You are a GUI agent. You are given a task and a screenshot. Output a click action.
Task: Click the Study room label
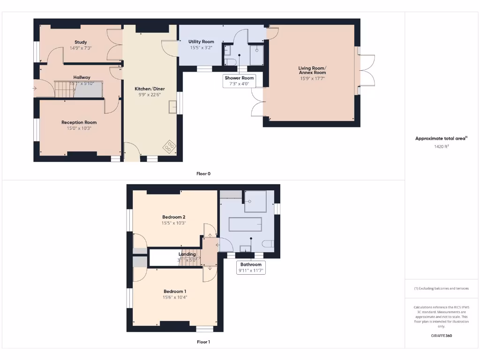coord(81,42)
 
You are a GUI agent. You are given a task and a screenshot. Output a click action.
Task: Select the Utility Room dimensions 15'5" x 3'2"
coord(201,48)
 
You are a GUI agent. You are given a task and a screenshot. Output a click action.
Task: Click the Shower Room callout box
coord(239,81)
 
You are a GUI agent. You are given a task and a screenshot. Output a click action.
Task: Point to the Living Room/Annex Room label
coord(312,70)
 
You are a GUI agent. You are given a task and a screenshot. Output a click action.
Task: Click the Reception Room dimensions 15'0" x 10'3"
coord(79,128)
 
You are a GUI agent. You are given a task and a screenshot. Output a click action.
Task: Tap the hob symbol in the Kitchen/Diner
coord(170,147)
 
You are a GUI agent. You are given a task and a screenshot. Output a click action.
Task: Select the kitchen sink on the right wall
coord(174,107)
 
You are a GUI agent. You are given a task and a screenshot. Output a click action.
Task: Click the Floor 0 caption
coord(203,173)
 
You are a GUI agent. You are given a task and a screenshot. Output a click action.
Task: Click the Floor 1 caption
coord(203,342)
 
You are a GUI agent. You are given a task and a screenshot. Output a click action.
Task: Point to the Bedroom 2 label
coord(174,217)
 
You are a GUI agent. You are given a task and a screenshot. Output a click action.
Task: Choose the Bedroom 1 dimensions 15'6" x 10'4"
coord(175,297)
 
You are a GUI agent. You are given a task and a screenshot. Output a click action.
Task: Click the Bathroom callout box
coord(251,267)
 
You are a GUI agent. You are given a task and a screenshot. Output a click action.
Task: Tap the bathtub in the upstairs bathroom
coord(245,225)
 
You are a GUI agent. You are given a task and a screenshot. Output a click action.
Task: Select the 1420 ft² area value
coord(442,147)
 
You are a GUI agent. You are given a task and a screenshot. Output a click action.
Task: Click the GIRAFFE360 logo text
coord(442,336)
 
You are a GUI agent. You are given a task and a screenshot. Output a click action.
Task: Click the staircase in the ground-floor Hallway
coord(64,89)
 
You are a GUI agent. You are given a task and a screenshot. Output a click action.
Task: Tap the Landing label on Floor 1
coord(187,254)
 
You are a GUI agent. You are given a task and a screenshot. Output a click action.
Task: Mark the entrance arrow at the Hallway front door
coord(35,88)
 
